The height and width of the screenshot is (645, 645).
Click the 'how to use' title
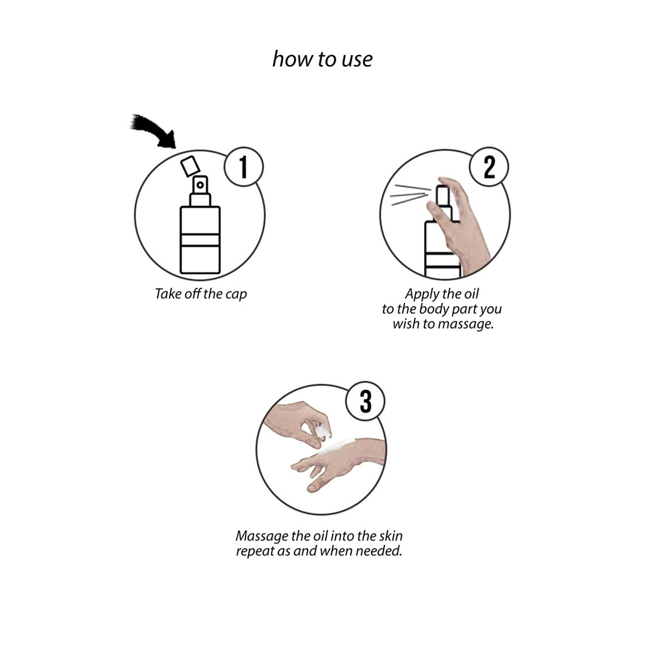click(322, 59)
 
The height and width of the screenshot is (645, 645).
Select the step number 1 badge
click(244, 167)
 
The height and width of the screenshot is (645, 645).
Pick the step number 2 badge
click(489, 167)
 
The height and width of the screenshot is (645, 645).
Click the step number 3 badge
click(365, 401)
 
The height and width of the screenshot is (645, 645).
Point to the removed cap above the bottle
click(190, 166)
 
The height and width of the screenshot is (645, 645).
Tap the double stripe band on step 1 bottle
click(200, 240)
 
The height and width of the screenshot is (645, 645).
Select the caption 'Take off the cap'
click(201, 294)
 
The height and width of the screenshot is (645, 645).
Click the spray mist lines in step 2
click(410, 195)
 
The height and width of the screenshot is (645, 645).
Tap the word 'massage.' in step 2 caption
click(465, 324)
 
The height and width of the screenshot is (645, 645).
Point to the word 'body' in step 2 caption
click(433, 309)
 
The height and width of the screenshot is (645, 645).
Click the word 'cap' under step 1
click(236, 294)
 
